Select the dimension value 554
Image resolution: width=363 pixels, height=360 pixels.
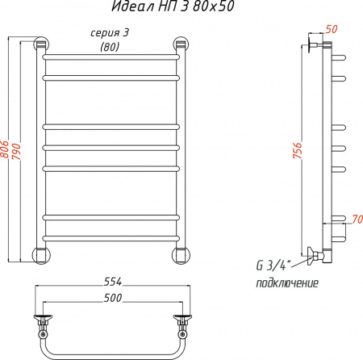pyautogui.click(x=112, y=282)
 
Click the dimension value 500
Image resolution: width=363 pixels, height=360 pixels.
pyautogui.click(x=112, y=298)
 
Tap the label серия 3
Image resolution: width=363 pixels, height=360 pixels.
pyautogui.click(x=106, y=33)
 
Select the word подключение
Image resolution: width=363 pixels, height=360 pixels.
pyautogui.click(x=286, y=283)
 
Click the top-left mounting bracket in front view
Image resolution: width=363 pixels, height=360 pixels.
pyautogui.click(x=40, y=44)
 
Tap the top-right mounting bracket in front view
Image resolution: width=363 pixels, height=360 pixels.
pyautogui.click(x=181, y=44)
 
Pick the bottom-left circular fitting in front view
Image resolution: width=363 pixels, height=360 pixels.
pyautogui.click(x=40, y=255)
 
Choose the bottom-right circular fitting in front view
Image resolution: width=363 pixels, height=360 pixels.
pyautogui.click(x=181, y=255)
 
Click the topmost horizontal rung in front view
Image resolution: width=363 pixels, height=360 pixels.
pyautogui.click(x=111, y=60)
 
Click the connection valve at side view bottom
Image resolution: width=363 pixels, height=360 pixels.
pyautogui.click(x=315, y=255)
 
